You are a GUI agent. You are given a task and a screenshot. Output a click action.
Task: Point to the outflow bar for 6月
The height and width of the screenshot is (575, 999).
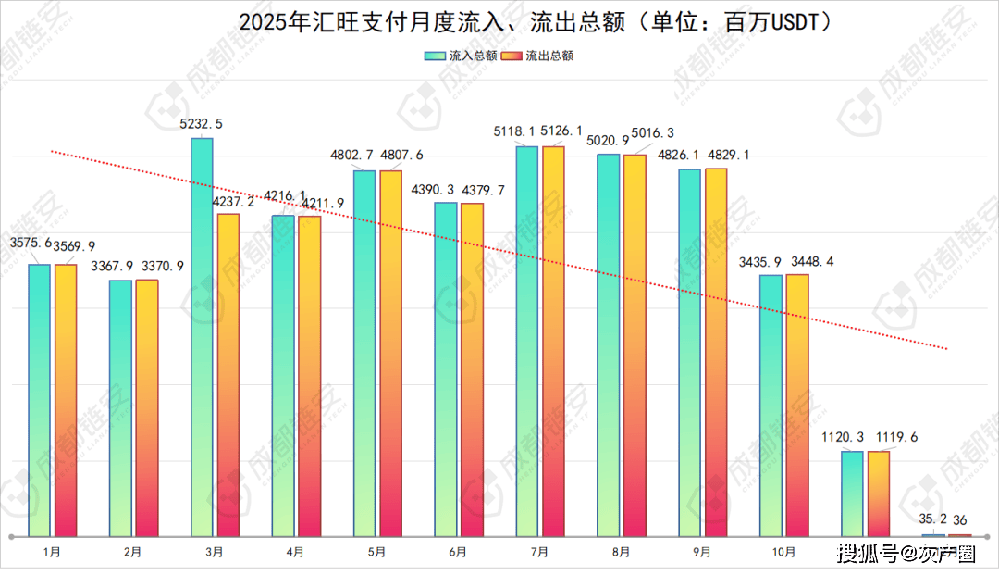tap(472, 369)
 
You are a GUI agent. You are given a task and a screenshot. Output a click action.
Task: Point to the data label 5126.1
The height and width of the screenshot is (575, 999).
tap(561, 131)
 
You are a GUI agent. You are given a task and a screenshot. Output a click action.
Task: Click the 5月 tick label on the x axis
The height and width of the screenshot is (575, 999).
tap(376, 552)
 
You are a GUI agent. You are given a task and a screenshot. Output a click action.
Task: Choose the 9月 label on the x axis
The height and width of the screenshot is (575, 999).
tap(701, 552)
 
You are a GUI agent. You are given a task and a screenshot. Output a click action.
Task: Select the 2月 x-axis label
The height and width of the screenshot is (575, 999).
tap(133, 552)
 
